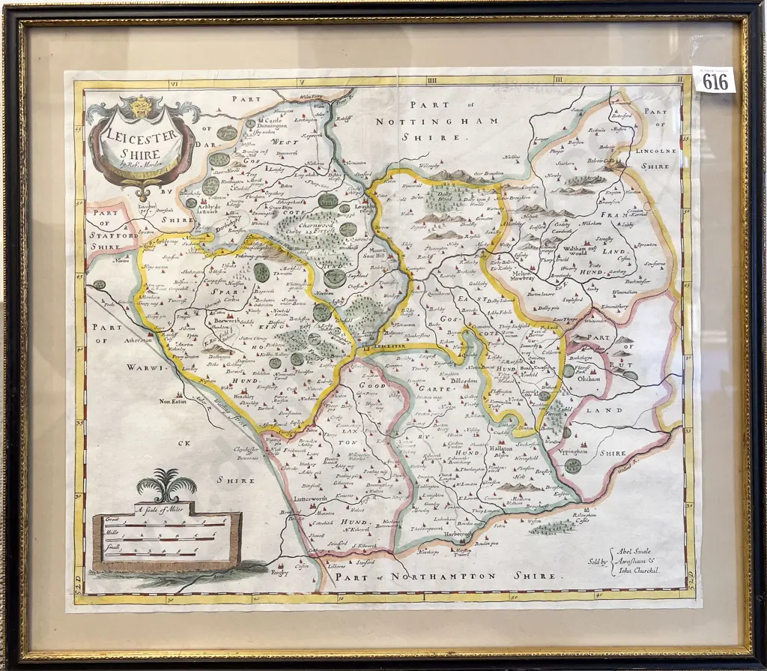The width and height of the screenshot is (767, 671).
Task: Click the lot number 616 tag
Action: click(x=714, y=80)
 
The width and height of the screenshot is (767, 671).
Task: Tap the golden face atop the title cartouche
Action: click(x=139, y=106)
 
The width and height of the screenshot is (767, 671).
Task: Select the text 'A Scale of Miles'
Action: click(x=166, y=509)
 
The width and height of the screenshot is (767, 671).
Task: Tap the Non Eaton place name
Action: click(x=173, y=401)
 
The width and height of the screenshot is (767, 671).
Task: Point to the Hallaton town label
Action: click(x=501, y=448)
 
